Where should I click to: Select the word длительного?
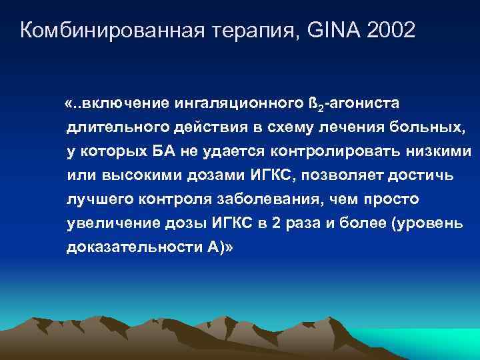coord(108,127)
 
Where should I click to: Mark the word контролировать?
coord(329,151)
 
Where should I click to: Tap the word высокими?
coord(130,175)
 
